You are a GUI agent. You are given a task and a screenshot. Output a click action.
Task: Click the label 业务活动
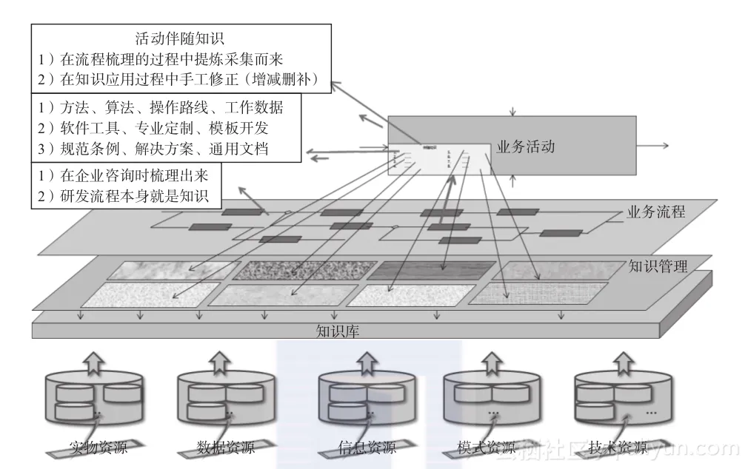[525, 146]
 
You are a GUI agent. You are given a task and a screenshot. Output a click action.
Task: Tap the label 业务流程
[655, 212]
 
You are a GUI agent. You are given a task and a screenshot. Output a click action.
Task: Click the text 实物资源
[98, 448]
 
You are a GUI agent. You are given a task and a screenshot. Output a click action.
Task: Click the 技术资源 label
[618, 448]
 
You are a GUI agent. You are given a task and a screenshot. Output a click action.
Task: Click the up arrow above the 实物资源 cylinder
[93, 361]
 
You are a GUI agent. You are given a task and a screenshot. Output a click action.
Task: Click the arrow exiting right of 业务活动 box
[655, 146]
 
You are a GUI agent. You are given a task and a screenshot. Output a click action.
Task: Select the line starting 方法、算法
[160, 107]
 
